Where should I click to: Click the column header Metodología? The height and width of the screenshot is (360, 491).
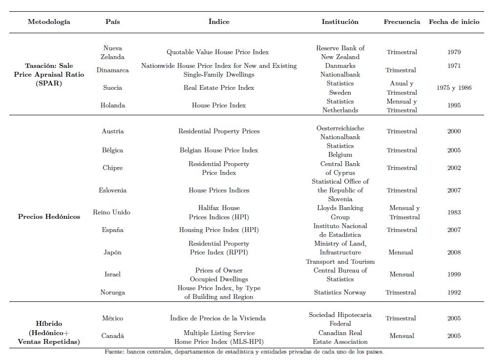pos(49,22)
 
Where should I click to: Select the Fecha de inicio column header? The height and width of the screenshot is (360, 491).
pos(454,22)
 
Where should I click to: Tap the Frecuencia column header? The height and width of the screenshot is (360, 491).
pos(402,22)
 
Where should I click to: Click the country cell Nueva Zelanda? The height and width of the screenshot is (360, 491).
pos(112,52)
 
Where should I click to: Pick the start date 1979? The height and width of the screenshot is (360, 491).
pos(454,52)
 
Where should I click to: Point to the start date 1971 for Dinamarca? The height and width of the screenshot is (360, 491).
pos(454,66)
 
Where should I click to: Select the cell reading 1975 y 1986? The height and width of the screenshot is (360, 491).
pos(454,88)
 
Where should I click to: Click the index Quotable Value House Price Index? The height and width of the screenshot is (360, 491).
pos(217,52)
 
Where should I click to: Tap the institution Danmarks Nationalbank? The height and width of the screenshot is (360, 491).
pos(340,70)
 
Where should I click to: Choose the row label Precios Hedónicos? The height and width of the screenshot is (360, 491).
pos(49,216)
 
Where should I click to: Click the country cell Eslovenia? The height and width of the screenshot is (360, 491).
pos(112,191)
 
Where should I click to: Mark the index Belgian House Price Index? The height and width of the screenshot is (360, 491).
pos(218,150)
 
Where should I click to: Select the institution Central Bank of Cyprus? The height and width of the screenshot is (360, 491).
pos(340,168)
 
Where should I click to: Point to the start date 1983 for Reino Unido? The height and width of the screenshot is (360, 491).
pos(454,212)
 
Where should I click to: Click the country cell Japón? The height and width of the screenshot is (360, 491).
pos(112,253)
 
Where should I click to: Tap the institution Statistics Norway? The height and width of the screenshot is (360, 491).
pos(340,293)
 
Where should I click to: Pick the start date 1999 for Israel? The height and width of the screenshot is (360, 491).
pos(454,275)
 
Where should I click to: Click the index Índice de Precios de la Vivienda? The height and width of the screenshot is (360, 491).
pos(218,318)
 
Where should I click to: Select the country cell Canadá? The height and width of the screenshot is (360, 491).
pos(112,336)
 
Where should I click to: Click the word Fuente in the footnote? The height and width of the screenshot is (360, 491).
pos(114,352)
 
